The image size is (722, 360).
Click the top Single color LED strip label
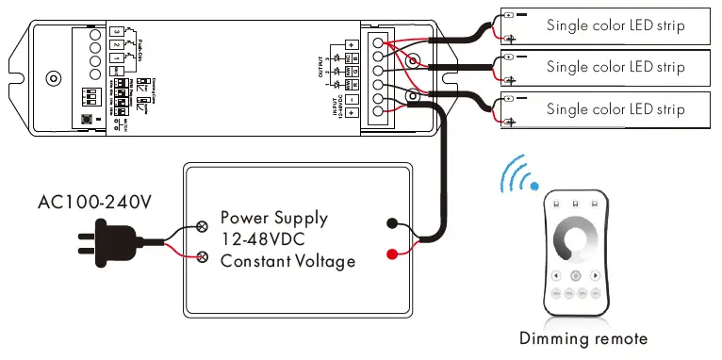pyautogui.click(x=615, y=25)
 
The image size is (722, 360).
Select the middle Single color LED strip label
pyautogui.click(x=615, y=67)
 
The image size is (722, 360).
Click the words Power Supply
pyautogui.click(x=273, y=218)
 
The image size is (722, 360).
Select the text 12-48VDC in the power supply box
pyautogui.click(x=261, y=239)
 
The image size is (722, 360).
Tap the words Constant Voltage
pyautogui.click(x=287, y=260)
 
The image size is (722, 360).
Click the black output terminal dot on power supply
pyautogui.click(x=391, y=223)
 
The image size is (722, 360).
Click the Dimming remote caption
pyautogui.click(x=583, y=338)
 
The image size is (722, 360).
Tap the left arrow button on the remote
pyautogui.click(x=557, y=276)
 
